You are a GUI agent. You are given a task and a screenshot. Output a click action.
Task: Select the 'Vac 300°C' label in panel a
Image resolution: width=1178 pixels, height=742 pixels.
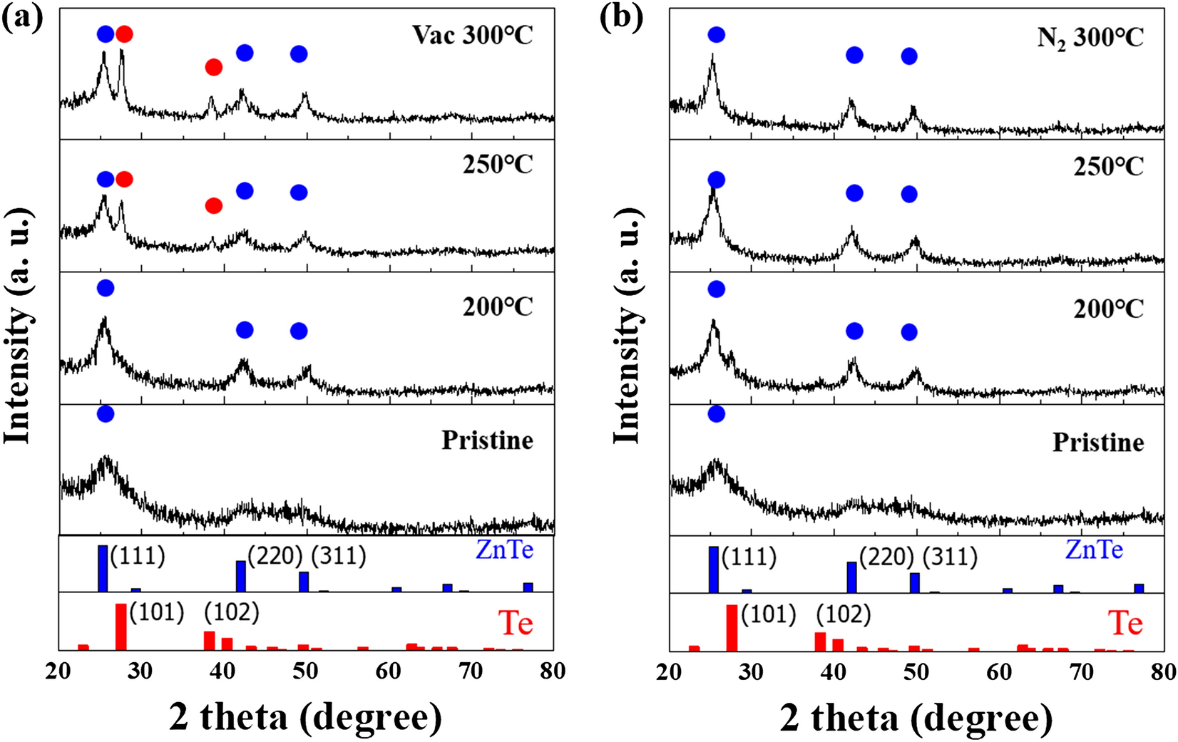click(472, 35)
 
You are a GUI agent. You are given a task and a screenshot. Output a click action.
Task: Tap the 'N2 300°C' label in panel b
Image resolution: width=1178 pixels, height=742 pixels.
click(1090, 36)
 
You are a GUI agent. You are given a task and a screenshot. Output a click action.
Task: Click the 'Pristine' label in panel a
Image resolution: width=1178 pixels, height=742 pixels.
click(487, 440)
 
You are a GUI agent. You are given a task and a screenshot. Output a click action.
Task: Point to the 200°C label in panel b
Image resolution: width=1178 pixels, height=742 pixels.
click(1108, 309)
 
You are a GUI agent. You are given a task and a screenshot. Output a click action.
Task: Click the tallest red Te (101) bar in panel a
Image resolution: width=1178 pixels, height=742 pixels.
click(121, 627)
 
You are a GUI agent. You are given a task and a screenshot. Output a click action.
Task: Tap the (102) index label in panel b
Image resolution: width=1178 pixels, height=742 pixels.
click(843, 614)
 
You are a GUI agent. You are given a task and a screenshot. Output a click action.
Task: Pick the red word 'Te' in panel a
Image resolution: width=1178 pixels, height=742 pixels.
click(515, 624)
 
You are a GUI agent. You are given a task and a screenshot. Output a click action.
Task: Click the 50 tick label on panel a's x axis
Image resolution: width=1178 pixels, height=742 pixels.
click(305, 671)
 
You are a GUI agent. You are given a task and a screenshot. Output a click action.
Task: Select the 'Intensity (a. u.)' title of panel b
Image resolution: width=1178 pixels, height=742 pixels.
click(628, 326)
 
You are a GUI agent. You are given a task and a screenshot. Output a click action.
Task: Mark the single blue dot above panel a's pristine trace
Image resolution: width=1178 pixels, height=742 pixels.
click(105, 414)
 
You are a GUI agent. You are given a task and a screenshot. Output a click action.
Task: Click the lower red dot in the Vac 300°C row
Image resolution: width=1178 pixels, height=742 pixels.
click(213, 68)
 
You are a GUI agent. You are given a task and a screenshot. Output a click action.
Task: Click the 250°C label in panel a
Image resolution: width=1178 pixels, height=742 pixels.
click(497, 165)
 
